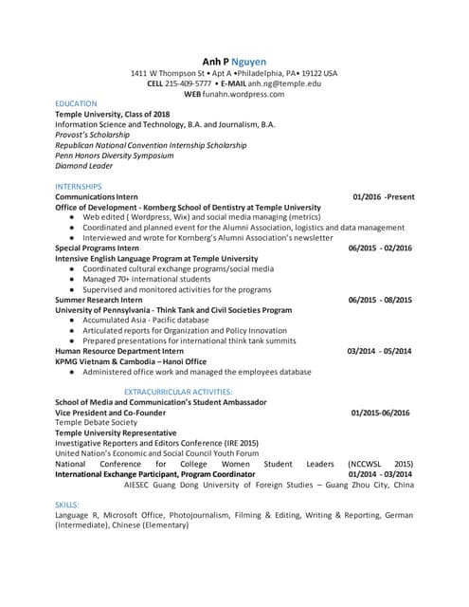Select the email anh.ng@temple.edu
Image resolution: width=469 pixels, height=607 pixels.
coord(288,83)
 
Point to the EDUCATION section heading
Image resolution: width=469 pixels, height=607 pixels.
coord(76,103)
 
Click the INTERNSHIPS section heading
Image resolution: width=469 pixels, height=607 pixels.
coord(79,186)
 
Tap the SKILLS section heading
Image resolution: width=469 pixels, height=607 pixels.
coord(67,505)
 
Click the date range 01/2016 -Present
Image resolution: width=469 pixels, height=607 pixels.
coord(383,196)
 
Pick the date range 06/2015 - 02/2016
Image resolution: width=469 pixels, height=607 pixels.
coord(380,248)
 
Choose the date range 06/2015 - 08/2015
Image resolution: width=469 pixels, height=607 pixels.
coord(380,300)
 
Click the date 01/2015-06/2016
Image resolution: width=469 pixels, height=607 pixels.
coord(380,413)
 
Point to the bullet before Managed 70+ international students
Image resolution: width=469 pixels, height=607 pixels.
coord(73,279)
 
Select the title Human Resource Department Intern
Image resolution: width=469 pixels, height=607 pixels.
coord(119,351)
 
